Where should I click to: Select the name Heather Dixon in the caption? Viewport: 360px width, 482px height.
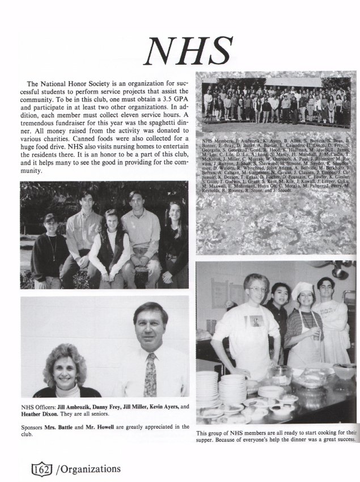[x=41, y=413]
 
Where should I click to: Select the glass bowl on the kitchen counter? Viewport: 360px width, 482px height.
[x=281, y=374]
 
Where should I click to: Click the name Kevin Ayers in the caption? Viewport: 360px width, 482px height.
[x=164, y=406]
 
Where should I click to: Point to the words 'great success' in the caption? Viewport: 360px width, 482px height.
[x=333, y=438]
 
